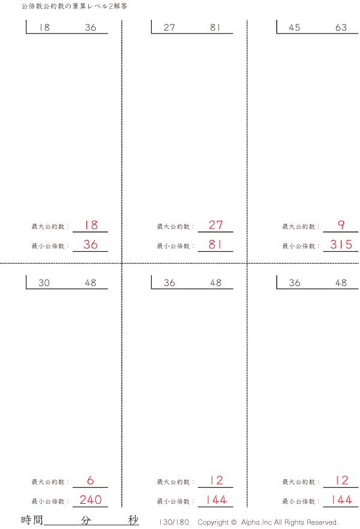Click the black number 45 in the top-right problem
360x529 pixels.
pos(295,28)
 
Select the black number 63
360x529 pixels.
pos(341,28)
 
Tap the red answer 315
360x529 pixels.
pos(341,245)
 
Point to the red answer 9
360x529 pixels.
pos(341,226)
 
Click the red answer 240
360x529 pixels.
pos(91,500)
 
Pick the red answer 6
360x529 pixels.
pos(91,480)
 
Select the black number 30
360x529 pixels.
pos(44,283)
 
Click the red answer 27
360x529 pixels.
pos(215,226)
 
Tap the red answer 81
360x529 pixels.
pos(215,245)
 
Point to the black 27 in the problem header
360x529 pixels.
pos(169,28)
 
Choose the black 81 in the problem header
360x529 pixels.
pos(215,28)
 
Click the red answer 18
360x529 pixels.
pos(91,226)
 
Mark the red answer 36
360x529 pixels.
pos(91,245)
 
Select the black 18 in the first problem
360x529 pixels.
pos(44,28)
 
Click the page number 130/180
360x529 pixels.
pos(175,522)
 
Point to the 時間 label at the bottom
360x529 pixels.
pos(32,520)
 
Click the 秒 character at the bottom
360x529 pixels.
pos(133,520)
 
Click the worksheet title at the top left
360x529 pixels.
pos(74,6)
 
